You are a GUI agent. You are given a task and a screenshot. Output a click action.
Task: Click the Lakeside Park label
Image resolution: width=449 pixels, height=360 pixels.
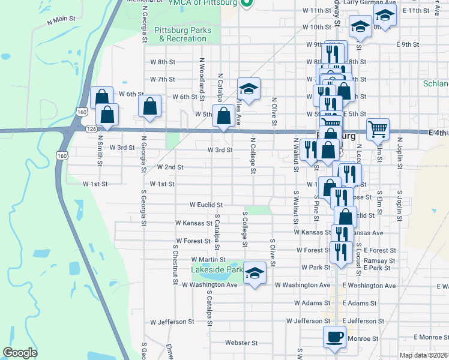pyautogui.click(x=217, y=270)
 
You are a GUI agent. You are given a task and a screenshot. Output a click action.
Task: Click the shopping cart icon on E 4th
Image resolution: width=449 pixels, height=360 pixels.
pyautogui.click(x=378, y=129)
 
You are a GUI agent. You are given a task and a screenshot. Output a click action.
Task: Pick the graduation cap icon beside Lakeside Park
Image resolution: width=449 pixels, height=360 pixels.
pyautogui.click(x=255, y=273)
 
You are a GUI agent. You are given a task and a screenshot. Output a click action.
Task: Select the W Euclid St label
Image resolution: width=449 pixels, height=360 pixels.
pyautogui.click(x=206, y=205)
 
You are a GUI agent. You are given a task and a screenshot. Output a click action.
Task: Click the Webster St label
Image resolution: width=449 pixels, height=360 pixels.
pyautogui.click(x=241, y=343)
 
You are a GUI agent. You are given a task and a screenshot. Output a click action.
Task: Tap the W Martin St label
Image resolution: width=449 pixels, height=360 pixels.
pyautogui.click(x=208, y=259)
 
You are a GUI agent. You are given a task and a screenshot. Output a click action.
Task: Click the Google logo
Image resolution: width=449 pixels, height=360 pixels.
pyautogui.click(x=20, y=353)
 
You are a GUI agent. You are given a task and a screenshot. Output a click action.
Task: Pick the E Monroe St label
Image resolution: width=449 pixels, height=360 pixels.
pyautogui.click(x=430, y=337)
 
